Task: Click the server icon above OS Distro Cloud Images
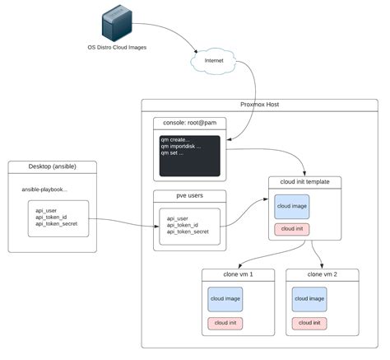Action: [117, 23]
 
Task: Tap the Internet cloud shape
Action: [214, 61]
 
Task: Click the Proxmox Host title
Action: [259, 105]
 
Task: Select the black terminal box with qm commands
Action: [190, 156]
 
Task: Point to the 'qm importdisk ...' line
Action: [181, 147]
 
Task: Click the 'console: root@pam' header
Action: [190, 123]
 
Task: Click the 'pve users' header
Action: [190, 195]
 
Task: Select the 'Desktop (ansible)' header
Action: [53, 166]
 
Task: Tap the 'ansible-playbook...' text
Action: [44, 189]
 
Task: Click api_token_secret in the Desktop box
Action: [57, 224]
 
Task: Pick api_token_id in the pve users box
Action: [183, 225]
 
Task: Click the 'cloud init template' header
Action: [304, 182]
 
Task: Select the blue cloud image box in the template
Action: [292, 207]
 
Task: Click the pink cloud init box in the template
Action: [292, 229]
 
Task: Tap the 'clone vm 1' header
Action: [238, 274]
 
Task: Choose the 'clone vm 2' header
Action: [323, 274]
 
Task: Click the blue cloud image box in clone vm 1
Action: [225, 299]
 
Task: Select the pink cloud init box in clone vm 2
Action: [309, 324]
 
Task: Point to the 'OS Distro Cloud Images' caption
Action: [117, 47]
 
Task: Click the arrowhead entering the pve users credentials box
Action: [157, 227]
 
